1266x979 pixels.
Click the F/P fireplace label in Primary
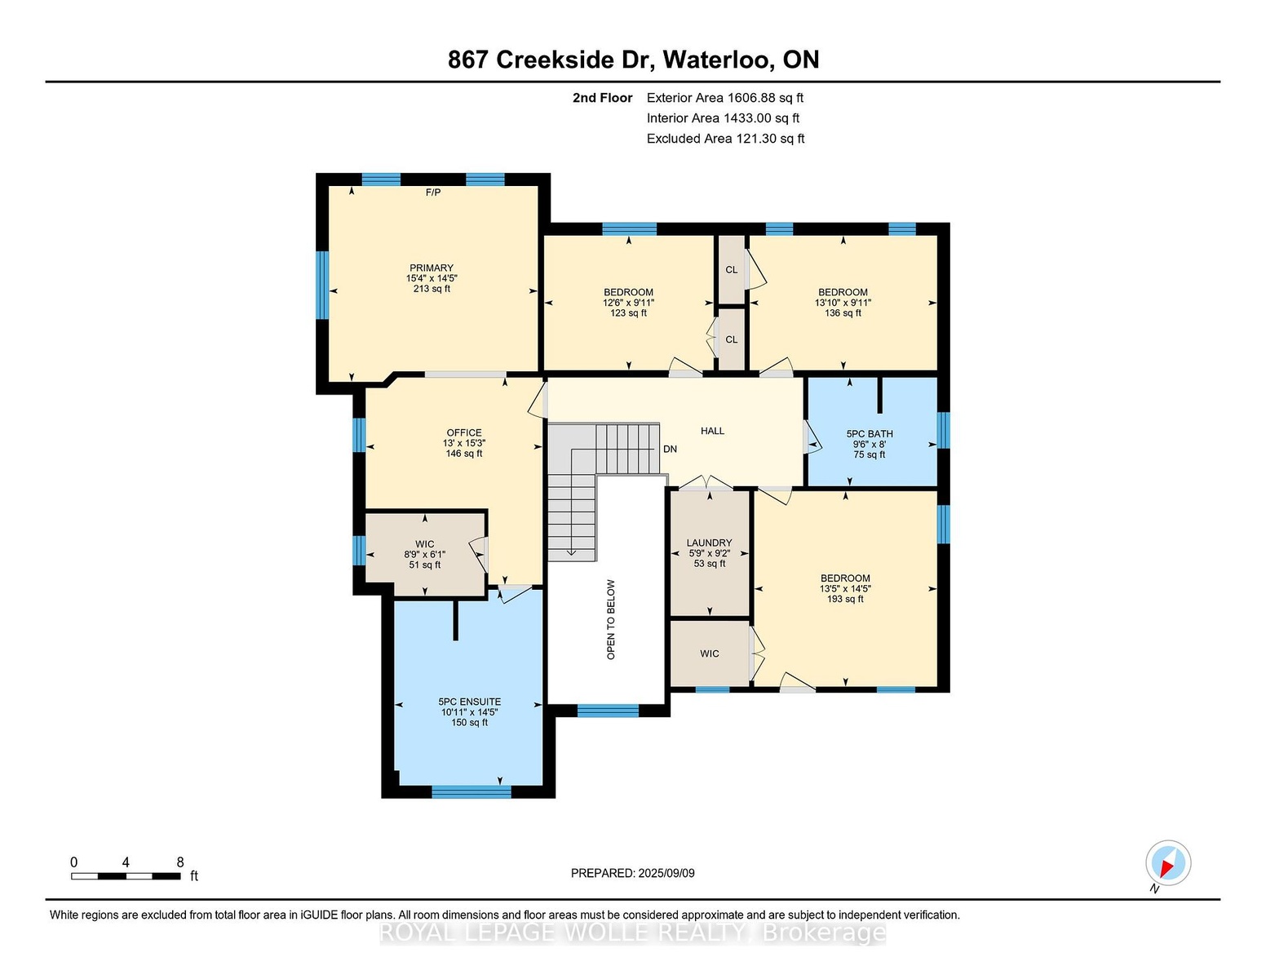433,193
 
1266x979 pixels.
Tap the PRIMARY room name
432,268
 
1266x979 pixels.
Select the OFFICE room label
464,432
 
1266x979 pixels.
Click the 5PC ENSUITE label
470,702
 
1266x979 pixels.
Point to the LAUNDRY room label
709,543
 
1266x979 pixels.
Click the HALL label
712,431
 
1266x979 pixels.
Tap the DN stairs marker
670,449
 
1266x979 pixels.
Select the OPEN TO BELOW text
611,620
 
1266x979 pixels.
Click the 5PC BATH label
870,434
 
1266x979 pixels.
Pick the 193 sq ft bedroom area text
845,599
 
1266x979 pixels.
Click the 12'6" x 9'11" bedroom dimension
629,303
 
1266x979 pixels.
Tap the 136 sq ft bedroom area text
843,312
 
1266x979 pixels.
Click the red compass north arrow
1167,867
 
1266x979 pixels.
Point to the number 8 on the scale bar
180,862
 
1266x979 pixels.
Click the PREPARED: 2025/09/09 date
633,873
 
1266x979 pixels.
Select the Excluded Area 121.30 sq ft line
725,139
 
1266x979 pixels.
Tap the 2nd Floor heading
603,98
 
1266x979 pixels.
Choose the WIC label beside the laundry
709,653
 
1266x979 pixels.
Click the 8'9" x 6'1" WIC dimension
425,555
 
